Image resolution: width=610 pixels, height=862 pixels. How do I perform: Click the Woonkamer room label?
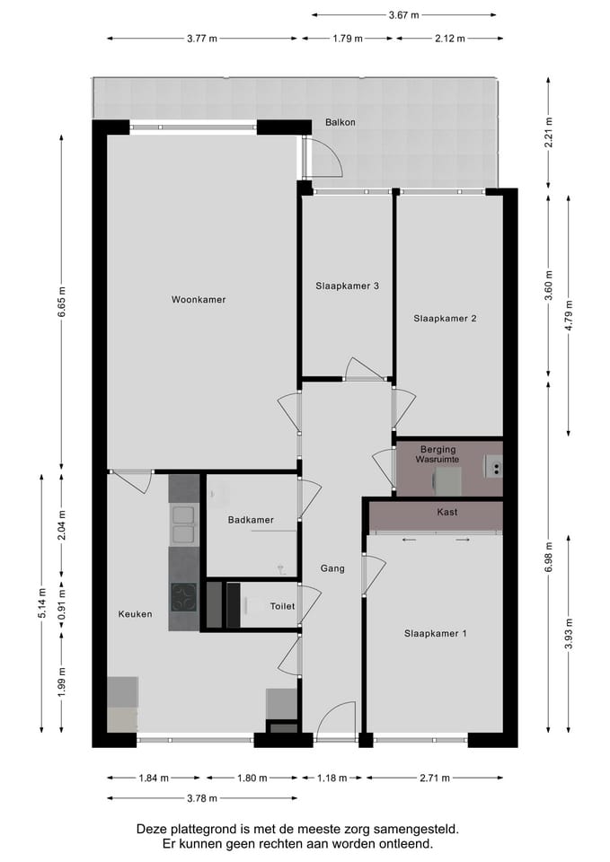(199, 300)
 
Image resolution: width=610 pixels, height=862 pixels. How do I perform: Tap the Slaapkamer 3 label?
(347, 286)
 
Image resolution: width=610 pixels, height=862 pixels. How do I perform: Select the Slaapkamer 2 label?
(445, 318)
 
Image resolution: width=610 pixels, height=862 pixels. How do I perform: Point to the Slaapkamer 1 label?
(436, 633)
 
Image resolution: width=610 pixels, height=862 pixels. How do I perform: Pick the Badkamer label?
(251, 520)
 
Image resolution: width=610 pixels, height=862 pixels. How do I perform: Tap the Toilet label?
(282, 606)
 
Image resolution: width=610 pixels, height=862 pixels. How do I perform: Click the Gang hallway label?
(332, 568)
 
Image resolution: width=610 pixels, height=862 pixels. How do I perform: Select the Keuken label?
(135, 614)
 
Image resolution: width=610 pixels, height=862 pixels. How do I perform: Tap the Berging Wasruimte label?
(438, 453)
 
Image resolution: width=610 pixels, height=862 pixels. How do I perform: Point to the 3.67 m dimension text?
(404, 15)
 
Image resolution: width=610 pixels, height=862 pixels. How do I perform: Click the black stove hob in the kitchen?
(184, 597)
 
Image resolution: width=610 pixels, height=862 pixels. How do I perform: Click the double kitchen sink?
(183, 525)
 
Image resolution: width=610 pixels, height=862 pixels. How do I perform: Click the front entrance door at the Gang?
(335, 722)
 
